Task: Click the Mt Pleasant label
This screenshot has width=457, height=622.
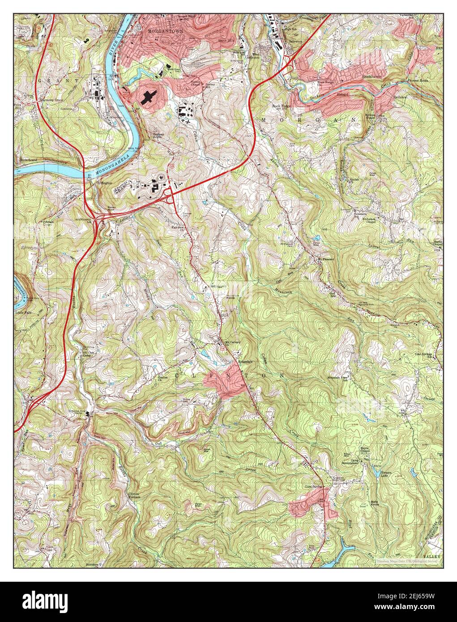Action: click(326, 259)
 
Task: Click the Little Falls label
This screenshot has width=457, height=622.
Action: click(23, 312)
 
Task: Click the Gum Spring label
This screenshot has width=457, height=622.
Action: click(314, 486)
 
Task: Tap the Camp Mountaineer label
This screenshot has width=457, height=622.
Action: click(351, 462)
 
